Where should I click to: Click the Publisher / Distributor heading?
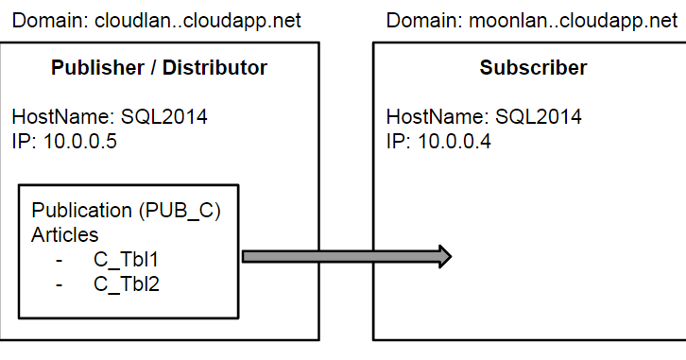pyautogui.click(x=159, y=68)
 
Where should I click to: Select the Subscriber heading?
pyautogui.click(x=532, y=68)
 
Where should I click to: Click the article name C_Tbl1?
pyautogui.click(x=126, y=257)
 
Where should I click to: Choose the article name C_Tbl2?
pyautogui.click(x=126, y=282)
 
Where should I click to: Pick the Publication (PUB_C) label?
pyautogui.click(x=127, y=211)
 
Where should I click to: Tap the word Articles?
pyautogui.click(x=65, y=233)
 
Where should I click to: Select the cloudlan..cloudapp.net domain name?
pyautogui.click(x=197, y=21)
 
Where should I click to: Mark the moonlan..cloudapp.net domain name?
pyautogui.click(x=574, y=21)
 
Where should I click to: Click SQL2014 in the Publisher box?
pyautogui.click(x=163, y=118)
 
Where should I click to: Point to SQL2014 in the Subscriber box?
pyautogui.click(x=539, y=118)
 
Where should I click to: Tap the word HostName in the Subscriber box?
pyautogui.click(x=436, y=118)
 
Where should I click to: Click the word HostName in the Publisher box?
pyautogui.click(x=61, y=118)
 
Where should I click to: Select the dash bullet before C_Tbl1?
pyautogui.click(x=60, y=258)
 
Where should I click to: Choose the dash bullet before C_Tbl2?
pyautogui.click(x=60, y=283)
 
